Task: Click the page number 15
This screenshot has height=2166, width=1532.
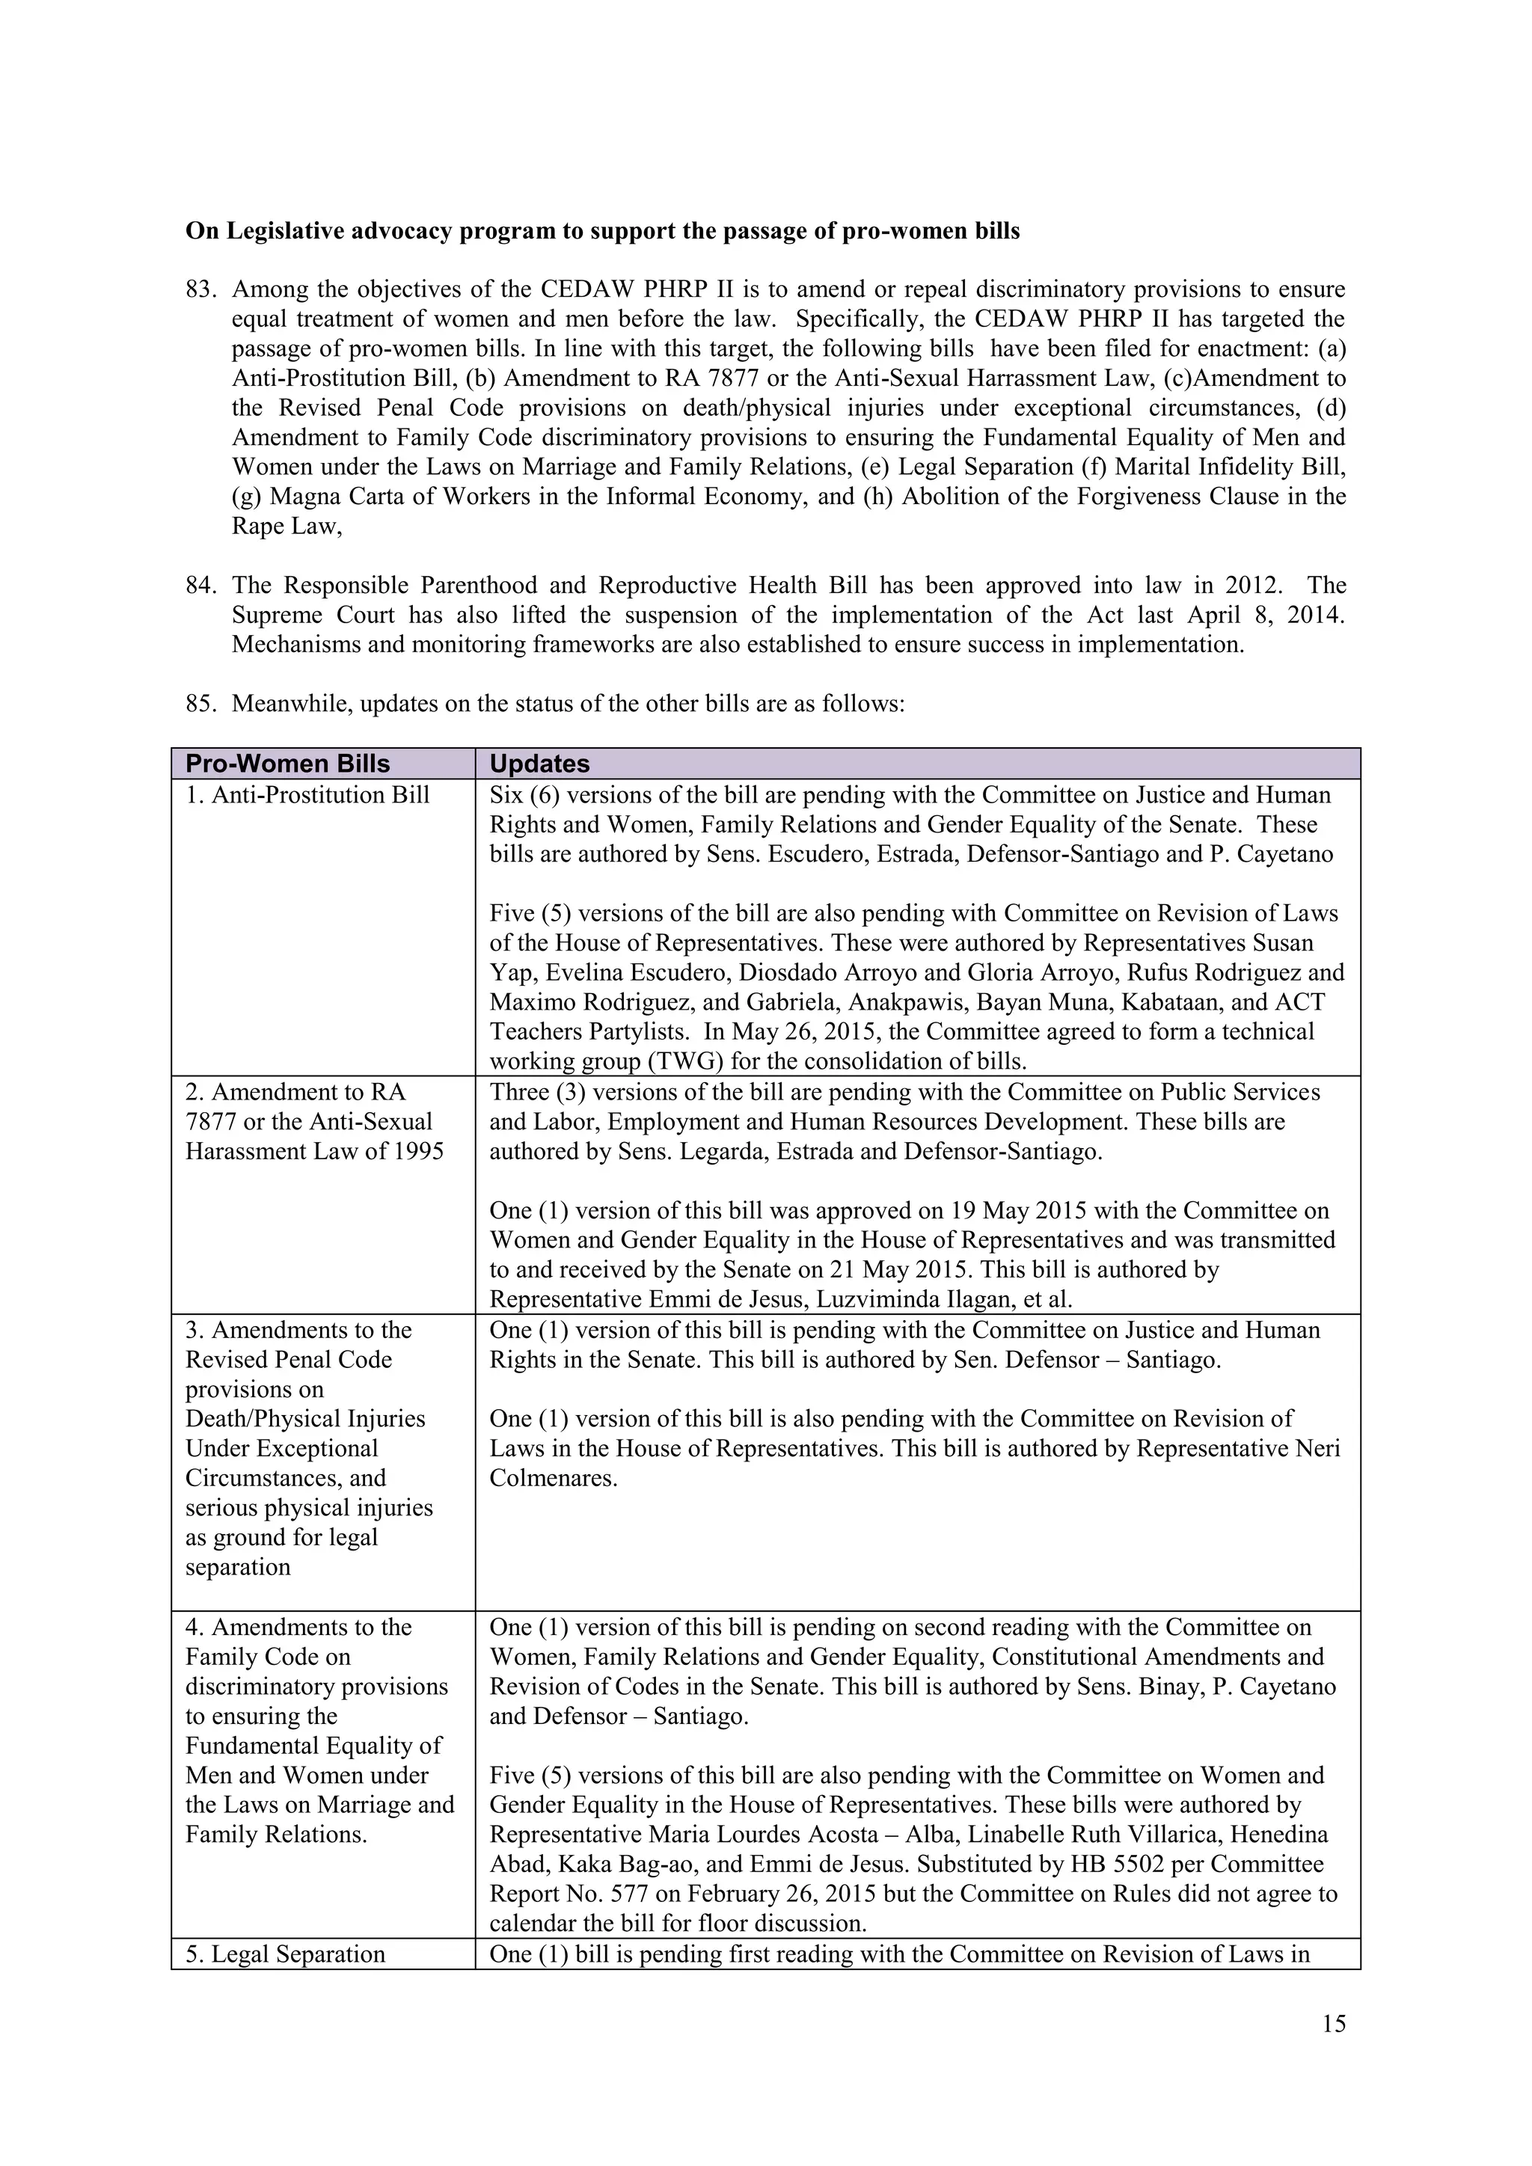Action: coord(1334,2024)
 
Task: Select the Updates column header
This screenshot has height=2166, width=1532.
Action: coord(539,764)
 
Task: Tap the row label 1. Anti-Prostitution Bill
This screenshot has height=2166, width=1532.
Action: coord(307,795)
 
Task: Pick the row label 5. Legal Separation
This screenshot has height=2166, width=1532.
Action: coord(285,1954)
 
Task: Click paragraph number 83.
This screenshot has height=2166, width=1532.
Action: coord(202,289)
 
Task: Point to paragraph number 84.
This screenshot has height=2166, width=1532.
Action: coord(202,586)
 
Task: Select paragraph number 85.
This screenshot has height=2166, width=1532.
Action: coord(202,704)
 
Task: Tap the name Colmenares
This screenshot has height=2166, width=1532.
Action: coord(553,1478)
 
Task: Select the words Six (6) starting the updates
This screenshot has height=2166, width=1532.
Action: coord(524,795)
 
